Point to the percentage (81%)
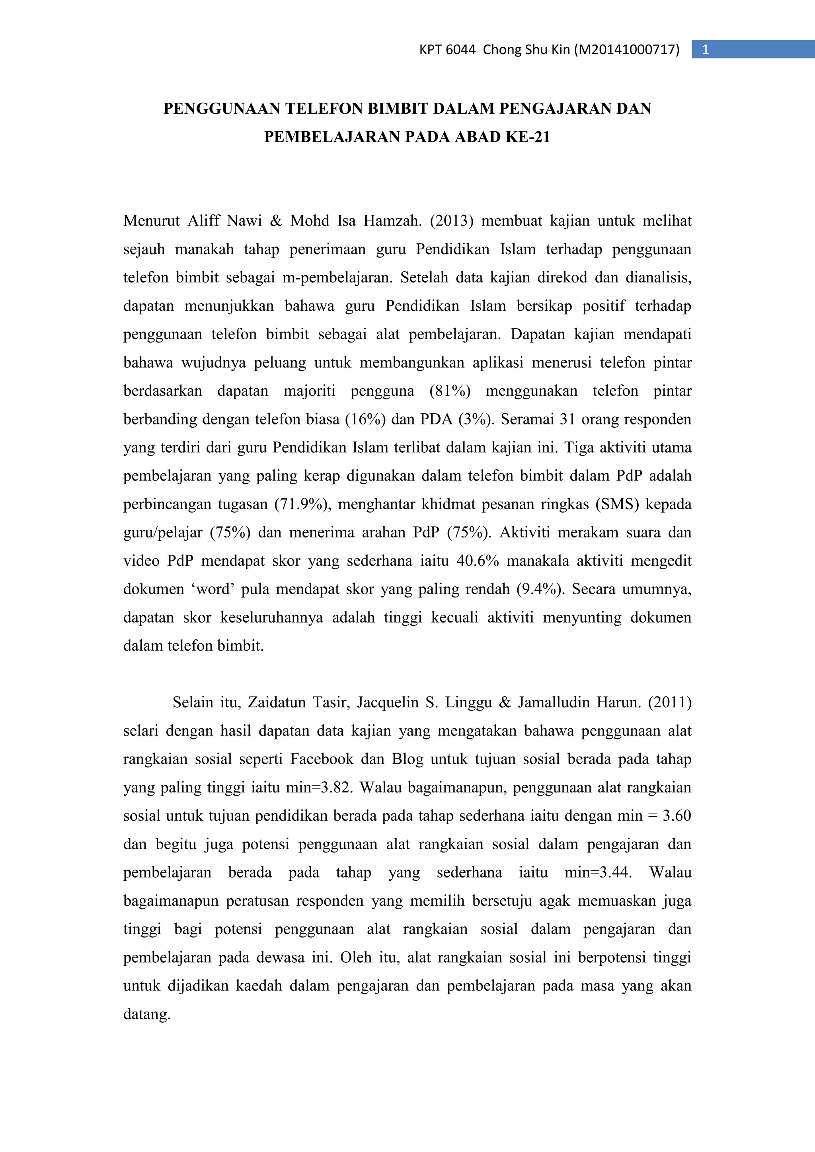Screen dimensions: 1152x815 pos(450,391)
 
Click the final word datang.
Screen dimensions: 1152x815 pos(146,1014)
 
